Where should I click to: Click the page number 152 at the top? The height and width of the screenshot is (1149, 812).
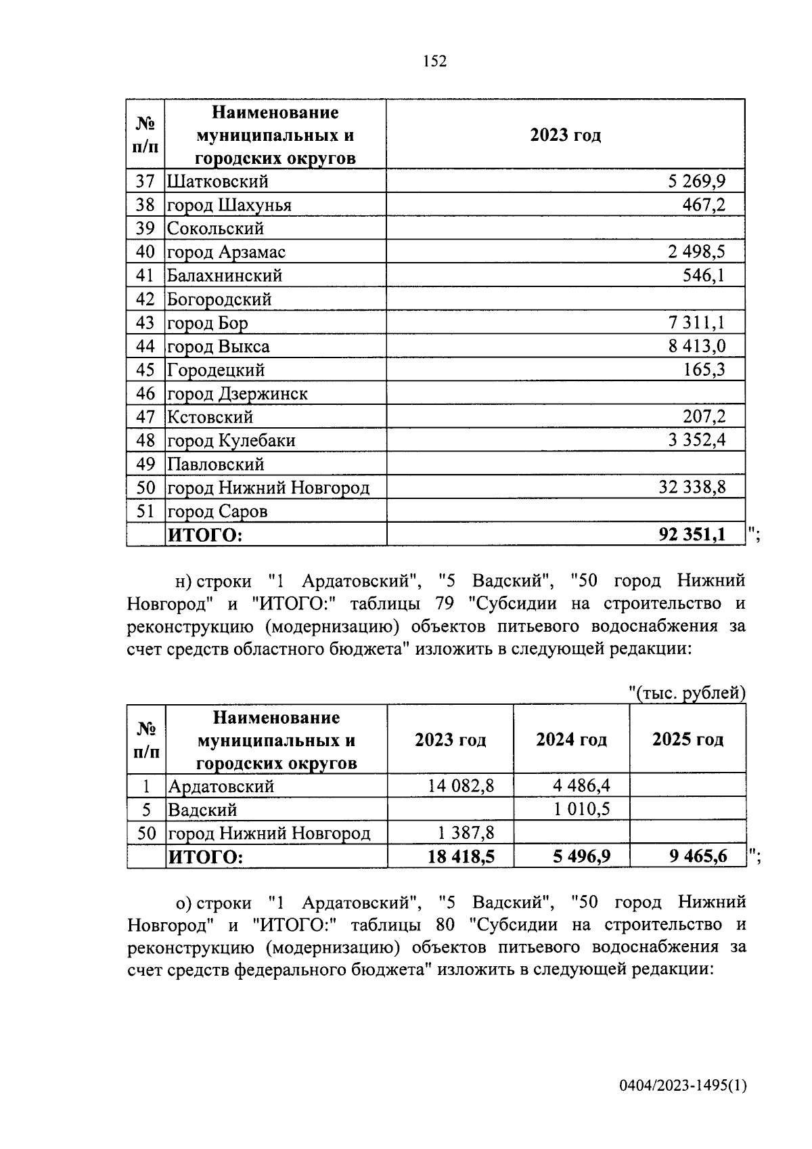[x=435, y=62]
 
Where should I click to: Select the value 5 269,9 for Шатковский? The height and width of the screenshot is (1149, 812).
[x=696, y=181]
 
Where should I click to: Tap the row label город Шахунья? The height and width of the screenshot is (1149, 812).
[x=229, y=205]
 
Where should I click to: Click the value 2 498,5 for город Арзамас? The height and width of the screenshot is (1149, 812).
[x=696, y=252]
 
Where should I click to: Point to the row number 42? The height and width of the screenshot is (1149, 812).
[x=145, y=299]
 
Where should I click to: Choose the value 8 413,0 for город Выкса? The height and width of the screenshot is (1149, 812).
[x=696, y=346]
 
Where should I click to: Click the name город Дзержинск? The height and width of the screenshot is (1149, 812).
[x=238, y=393]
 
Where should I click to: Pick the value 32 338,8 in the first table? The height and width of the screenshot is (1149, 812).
[x=692, y=487]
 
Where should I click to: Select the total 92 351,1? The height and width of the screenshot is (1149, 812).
[x=692, y=535]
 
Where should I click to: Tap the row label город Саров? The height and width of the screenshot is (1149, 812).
[x=217, y=511]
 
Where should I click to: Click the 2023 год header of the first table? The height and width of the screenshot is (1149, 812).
[x=565, y=135]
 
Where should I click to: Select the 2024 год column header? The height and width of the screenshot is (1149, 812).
[x=571, y=739]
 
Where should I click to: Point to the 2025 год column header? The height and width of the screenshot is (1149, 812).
[x=687, y=739]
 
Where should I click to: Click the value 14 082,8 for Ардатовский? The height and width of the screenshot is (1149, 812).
[x=461, y=785]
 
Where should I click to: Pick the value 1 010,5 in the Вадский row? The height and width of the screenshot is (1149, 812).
[x=581, y=809]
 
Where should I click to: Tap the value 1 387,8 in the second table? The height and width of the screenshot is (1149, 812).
[x=466, y=833]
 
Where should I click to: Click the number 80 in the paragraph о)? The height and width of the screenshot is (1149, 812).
[x=445, y=924]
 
